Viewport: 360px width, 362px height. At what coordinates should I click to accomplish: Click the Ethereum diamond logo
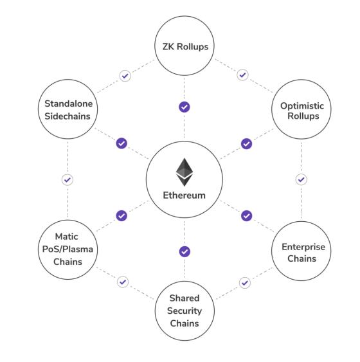[x=184, y=172]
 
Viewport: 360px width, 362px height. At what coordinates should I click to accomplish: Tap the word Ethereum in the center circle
[x=184, y=195]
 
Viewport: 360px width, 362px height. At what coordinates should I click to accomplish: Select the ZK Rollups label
[x=185, y=47]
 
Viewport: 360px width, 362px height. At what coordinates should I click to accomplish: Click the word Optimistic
[x=302, y=106]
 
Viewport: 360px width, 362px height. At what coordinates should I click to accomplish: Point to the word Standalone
[x=69, y=104]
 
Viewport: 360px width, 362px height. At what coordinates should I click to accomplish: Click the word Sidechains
[x=67, y=116]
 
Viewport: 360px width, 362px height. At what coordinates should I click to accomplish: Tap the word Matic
[x=66, y=237]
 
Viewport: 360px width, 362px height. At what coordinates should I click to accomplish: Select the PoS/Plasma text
[x=67, y=249]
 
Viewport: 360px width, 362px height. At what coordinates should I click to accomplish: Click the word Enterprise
[x=303, y=247]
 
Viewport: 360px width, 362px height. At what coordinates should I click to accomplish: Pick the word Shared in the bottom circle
[x=184, y=298]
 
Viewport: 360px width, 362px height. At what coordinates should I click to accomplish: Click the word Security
[x=184, y=311]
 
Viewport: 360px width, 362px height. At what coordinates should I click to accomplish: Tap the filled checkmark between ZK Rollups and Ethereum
[x=184, y=107]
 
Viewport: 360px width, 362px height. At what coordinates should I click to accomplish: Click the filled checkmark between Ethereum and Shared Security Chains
[x=184, y=251]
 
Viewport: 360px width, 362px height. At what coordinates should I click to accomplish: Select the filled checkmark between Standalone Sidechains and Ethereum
[x=122, y=143]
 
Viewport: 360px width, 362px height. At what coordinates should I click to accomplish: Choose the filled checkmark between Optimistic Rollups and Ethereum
[x=246, y=144]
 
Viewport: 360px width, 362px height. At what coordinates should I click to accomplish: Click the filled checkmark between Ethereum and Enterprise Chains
[x=246, y=216]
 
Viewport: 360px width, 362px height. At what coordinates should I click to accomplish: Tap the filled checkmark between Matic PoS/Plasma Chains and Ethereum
[x=122, y=216]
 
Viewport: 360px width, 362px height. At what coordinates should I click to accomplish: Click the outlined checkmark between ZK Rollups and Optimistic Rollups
[x=242, y=75]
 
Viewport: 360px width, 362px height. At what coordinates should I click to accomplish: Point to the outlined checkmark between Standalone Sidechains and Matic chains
[x=67, y=180]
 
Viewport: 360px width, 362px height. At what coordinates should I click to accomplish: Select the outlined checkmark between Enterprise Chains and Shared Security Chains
[x=245, y=283]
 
